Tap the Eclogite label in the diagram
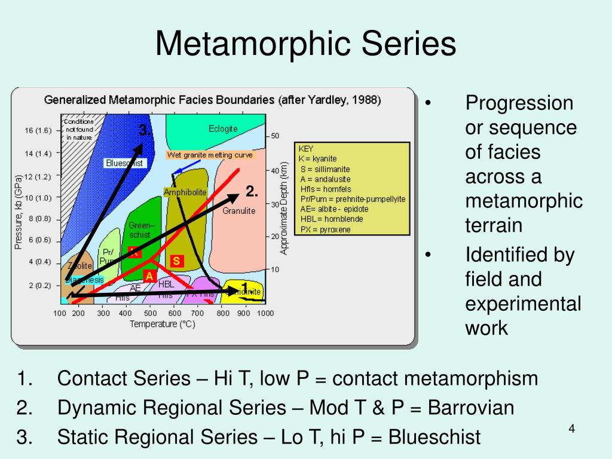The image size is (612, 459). click(x=223, y=128)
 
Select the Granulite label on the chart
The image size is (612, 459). click(x=239, y=210)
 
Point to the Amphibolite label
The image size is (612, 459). click(x=185, y=192)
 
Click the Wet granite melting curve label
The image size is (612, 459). click(x=210, y=155)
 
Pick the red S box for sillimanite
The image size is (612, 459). click(x=176, y=261)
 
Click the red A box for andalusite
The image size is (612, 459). click(x=149, y=276)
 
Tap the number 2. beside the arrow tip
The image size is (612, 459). click(x=252, y=191)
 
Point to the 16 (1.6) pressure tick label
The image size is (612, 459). click(x=38, y=130)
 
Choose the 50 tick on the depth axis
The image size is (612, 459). click(x=275, y=136)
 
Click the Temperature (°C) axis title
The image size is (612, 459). click(x=163, y=324)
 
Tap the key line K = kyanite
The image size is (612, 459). click(x=317, y=158)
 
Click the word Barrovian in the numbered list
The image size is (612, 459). click(x=471, y=408)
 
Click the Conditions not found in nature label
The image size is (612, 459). click(x=79, y=129)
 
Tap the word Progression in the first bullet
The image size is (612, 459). click(x=519, y=103)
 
